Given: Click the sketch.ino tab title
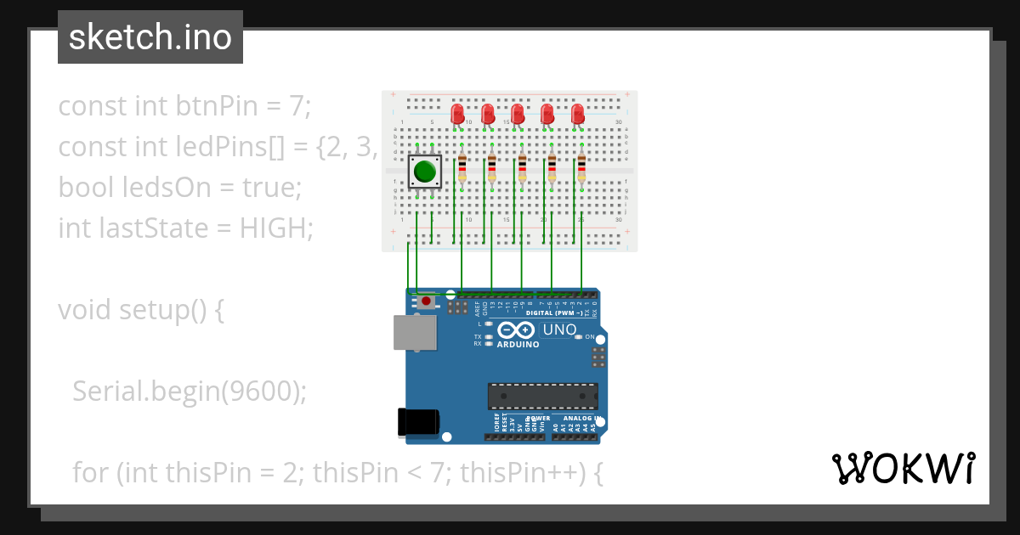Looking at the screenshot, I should pos(150,37).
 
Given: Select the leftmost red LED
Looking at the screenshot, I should pos(457,113).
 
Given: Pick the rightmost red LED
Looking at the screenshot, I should pos(578,113).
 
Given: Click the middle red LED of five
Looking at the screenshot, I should pos(518,113).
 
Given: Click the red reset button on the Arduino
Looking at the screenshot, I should pos(424,301).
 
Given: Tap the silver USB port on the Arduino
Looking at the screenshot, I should pos(415,332).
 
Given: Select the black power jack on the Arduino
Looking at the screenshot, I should pos(418,423).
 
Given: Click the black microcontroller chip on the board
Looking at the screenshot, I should pos(542,397).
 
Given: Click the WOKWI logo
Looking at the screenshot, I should pos(903,468).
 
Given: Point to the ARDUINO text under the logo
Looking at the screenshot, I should pos(518,345).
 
